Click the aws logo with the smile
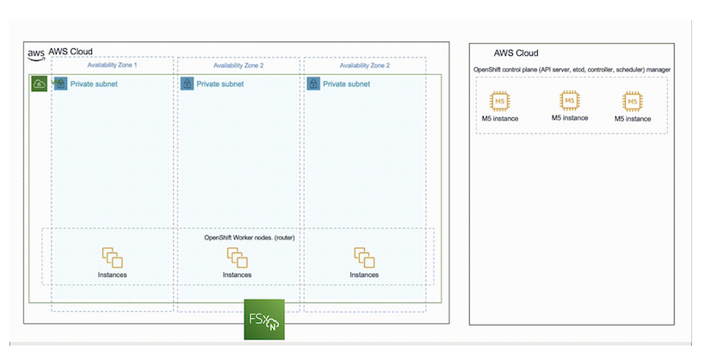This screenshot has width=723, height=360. tap(36, 53)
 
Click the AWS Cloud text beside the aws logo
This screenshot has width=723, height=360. tap(71, 52)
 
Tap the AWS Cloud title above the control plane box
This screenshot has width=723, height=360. tap(516, 53)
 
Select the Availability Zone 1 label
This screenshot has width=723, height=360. tap(112, 65)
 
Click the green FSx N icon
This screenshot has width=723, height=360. tap(263, 320)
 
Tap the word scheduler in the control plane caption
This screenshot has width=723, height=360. tap(633, 69)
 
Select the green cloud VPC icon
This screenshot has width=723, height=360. tap(40, 84)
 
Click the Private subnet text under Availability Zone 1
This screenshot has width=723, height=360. tap(94, 84)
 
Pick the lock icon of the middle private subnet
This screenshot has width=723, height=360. tap(187, 84)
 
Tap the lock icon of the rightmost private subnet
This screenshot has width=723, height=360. tap(313, 84)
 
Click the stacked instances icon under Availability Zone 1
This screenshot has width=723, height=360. tap(112, 257)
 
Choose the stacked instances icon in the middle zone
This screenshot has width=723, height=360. tap(237, 257)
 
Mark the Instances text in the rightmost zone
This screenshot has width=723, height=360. tap(363, 275)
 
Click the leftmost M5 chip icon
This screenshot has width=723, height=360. tap(499, 100)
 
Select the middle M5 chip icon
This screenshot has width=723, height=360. tap(569, 99)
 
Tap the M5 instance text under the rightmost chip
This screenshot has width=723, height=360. tap(633, 119)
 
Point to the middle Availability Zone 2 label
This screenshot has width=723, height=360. tap(238, 65)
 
